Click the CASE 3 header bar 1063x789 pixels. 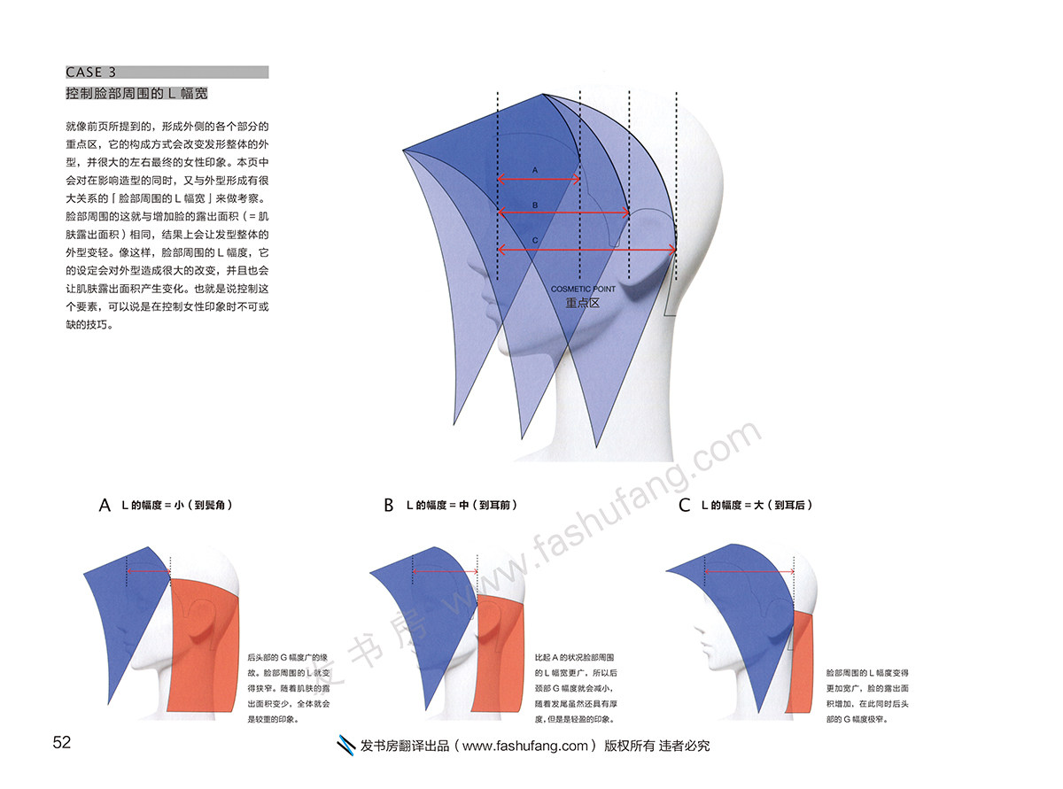pos(167,73)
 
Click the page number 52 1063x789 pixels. pos(61,743)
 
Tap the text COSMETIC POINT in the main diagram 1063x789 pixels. pos(583,290)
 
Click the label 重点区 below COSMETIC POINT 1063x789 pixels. pos(584,303)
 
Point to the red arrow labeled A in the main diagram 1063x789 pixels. pos(539,179)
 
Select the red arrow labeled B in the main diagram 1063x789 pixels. pos(563,213)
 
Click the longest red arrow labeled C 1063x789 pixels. pos(587,250)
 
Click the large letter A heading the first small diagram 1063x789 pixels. pos(105,506)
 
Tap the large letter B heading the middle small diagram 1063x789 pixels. pos(388,506)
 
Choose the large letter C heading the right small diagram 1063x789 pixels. pos(683,506)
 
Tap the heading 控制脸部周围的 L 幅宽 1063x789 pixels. pos(136,93)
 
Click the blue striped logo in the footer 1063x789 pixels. pos(346,746)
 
